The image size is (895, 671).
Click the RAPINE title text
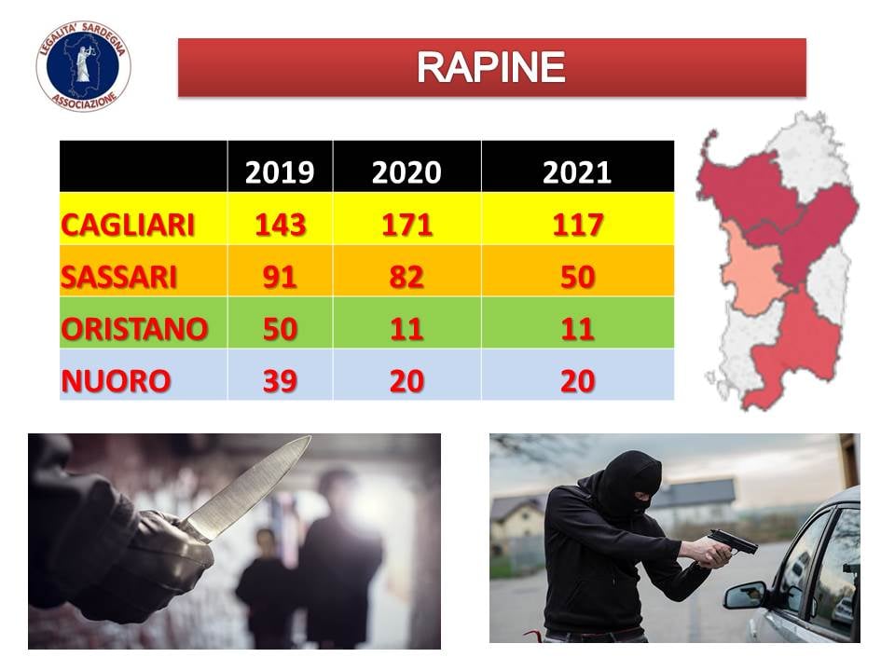point(491,67)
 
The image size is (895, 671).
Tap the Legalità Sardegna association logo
point(83,66)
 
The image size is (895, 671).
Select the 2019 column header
point(280,171)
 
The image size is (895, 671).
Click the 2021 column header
point(577,171)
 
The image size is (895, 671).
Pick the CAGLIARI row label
point(128,225)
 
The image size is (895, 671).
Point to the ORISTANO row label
point(134,329)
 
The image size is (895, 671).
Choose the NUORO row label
point(116,380)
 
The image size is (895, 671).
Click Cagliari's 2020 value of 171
point(406,225)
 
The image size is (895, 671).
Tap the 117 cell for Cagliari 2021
point(578,225)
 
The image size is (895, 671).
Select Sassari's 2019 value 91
point(280,277)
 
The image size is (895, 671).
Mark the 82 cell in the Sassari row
point(406,277)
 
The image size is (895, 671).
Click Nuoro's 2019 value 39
point(280,380)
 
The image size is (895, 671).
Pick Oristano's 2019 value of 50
point(280,329)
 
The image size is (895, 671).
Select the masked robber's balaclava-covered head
point(629,483)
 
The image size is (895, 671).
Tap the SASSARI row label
point(118,277)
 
